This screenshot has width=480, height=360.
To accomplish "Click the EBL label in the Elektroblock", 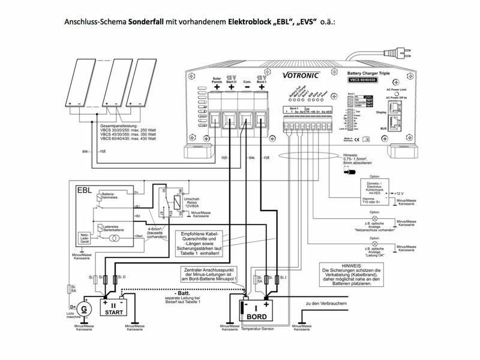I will tap(83, 190).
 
